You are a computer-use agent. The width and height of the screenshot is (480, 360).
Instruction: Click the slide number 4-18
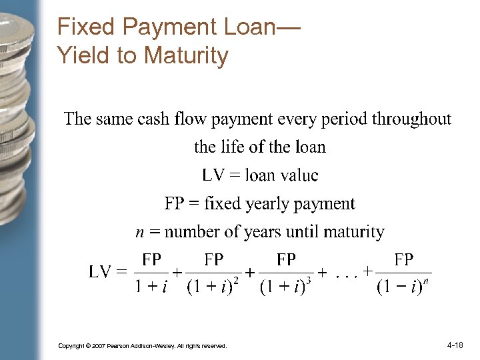pyautogui.click(x=455, y=345)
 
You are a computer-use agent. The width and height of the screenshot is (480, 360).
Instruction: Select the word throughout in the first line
pyautogui.click(x=411, y=119)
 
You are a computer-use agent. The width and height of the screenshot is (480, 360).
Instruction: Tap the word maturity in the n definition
pyautogui.click(x=353, y=232)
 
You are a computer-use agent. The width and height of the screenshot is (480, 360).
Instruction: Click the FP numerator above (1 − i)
pyautogui.click(x=403, y=259)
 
